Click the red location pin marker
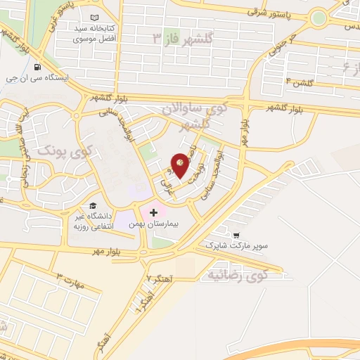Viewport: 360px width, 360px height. point(181,163)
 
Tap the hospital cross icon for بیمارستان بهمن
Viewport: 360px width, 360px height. point(154,212)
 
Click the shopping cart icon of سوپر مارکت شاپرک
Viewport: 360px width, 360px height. point(237,236)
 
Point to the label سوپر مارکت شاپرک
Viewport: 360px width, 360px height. point(237,247)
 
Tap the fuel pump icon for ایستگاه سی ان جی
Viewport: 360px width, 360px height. point(37,68)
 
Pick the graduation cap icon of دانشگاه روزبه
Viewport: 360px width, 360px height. point(94,205)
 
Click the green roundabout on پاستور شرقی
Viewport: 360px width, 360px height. point(319,16)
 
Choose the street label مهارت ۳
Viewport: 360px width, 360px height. point(70,280)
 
